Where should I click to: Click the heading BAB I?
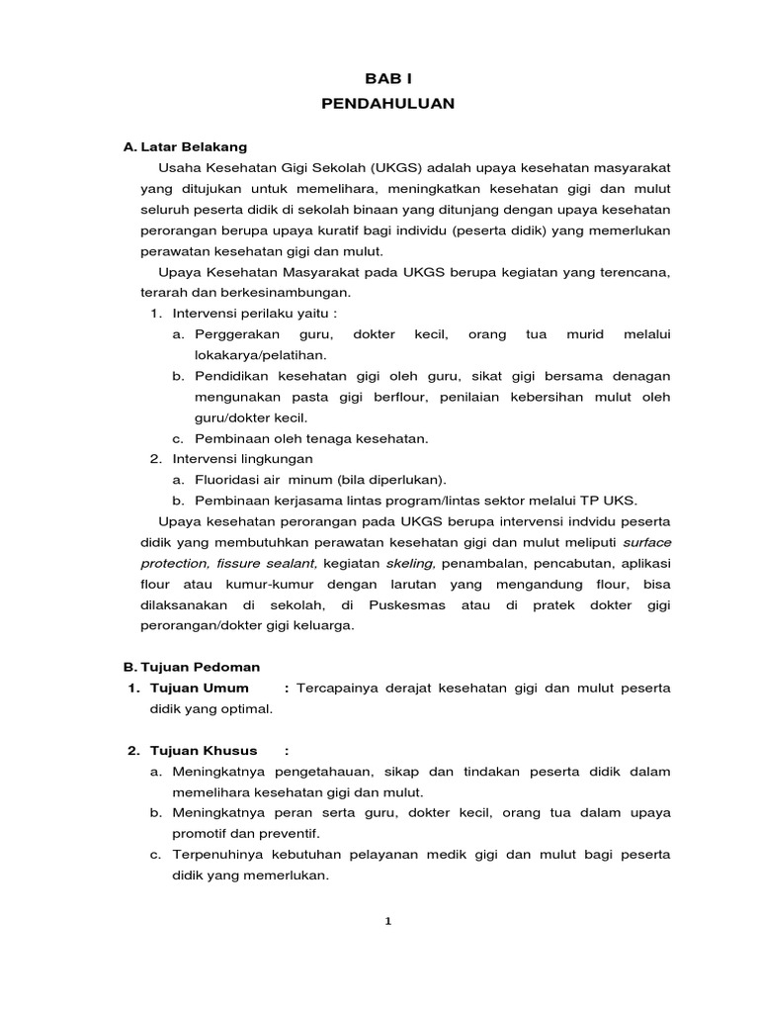click(x=387, y=77)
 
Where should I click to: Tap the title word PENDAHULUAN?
click(x=387, y=103)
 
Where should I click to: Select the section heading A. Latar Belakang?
click(x=185, y=147)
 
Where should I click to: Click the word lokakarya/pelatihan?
click(x=260, y=353)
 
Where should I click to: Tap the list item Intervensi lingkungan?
click(x=242, y=459)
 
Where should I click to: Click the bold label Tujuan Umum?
click(x=199, y=688)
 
